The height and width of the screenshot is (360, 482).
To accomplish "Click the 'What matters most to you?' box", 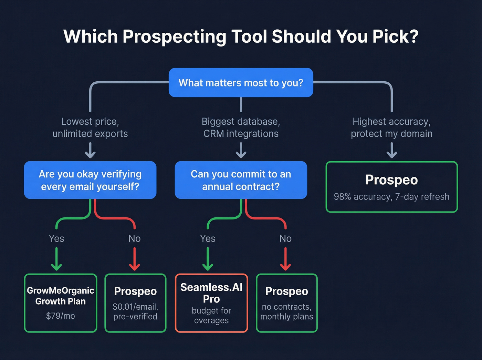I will [241, 83].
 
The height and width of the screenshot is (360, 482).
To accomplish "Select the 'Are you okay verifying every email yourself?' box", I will [90, 180].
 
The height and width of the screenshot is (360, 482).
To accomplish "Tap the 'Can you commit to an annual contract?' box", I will [241, 180].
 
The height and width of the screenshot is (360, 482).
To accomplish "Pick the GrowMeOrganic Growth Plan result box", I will [61, 303].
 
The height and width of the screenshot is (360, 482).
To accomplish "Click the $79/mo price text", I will [61, 316].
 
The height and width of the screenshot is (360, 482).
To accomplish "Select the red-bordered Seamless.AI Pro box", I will [211, 303].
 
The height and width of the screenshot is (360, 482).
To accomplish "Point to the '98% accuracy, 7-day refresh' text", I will [391, 197].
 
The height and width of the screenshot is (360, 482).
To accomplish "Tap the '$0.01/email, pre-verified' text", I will [135, 311].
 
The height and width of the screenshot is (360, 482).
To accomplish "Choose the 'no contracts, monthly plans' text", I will [286, 311].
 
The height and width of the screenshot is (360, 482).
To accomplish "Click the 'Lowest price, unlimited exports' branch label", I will [90, 127].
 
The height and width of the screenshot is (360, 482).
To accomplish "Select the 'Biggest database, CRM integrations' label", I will [241, 127].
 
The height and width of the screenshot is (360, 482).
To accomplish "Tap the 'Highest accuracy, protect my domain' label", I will [391, 127].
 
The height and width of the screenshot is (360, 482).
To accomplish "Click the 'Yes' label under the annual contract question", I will [208, 238].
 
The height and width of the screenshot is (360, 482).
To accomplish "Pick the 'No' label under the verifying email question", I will [134, 238].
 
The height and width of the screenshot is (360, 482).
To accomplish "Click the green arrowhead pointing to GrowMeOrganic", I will [56, 267].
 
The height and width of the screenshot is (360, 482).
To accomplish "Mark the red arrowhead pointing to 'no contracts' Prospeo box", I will [285, 267].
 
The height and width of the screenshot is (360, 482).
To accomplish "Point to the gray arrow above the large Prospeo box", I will [392, 151].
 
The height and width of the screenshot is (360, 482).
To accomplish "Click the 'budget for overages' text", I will [211, 316].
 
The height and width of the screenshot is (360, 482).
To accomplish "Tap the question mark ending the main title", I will [413, 37].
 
